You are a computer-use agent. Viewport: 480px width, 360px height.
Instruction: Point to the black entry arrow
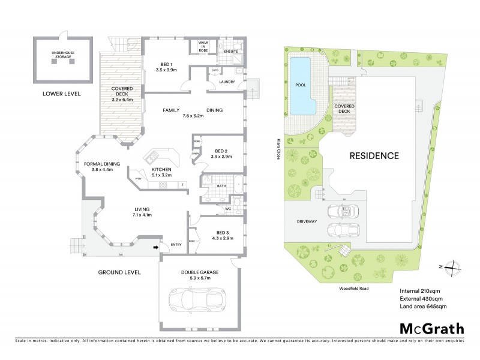click(157, 246)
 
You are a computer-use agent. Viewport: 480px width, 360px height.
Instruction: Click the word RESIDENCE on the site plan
click(374, 155)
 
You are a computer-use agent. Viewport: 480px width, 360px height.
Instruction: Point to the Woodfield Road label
click(352, 289)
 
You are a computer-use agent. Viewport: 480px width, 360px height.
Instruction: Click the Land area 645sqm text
click(423, 307)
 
